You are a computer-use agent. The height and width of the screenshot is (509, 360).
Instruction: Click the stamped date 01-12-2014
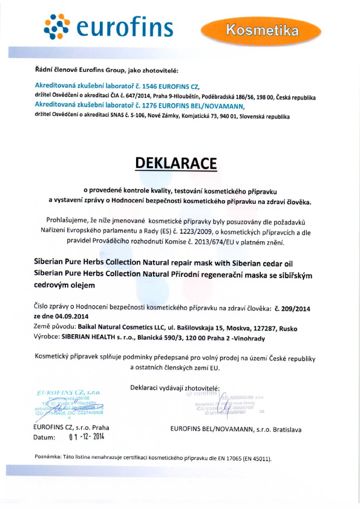tap(87, 436)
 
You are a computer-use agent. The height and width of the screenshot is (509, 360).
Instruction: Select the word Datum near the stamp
tap(45, 437)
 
